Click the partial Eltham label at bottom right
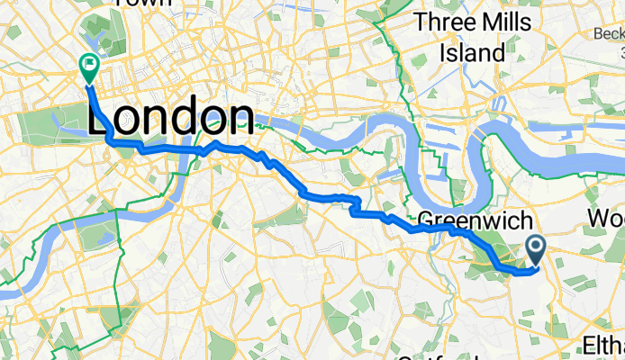(x=602, y=346)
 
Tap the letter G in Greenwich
(x=428, y=220)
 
